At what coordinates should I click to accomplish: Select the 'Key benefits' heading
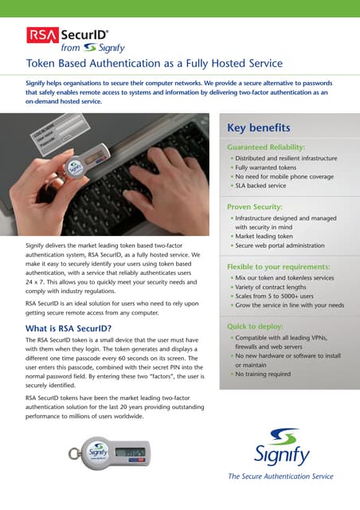tap(258, 127)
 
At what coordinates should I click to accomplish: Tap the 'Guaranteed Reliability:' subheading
tap(266, 147)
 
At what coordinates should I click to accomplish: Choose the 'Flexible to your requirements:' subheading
tap(279, 266)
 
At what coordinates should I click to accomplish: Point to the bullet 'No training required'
tap(264, 374)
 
